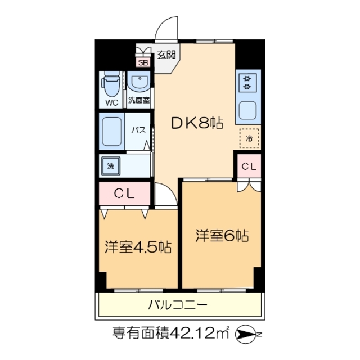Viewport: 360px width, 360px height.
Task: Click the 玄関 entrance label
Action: click(166, 55)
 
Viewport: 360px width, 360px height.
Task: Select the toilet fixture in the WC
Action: click(111, 86)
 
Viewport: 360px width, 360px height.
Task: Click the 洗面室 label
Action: click(138, 101)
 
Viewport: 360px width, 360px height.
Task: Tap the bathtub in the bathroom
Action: click(112, 130)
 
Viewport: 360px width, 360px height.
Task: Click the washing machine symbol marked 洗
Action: click(111, 166)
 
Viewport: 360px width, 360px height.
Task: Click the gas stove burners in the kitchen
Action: click(247, 83)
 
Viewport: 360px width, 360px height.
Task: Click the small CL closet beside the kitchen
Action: click(249, 166)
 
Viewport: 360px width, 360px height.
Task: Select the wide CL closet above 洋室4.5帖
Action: click(125, 194)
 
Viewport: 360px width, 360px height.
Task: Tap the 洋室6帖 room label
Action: click(222, 236)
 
